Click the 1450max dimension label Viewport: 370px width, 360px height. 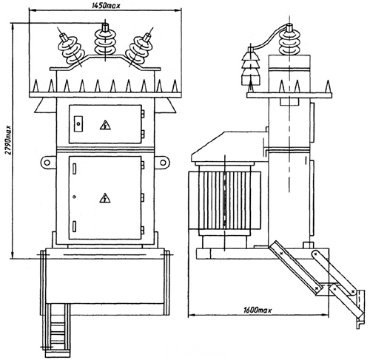(x=105, y=6)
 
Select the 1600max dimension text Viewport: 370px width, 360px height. (x=258, y=310)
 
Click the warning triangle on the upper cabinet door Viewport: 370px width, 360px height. (x=105, y=125)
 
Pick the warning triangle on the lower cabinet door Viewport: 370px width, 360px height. (x=105, y=198)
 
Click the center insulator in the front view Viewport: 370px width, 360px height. (x=105, y=42)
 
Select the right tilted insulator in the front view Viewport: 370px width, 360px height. (x=139, y=50)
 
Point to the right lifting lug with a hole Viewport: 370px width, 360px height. (x=162, y=163)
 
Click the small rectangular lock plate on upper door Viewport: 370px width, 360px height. (x=78, y=123)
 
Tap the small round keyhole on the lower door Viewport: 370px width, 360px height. (x=75, y=197)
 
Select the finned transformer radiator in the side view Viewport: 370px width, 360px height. (x=224, y=200)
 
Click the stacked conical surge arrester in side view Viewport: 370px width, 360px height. (x=251, y=67)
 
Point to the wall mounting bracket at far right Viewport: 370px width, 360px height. (x=360, y=309)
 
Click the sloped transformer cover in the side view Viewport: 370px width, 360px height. (x=229, y=146)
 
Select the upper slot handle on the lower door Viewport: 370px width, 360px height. (x=74, y=169)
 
